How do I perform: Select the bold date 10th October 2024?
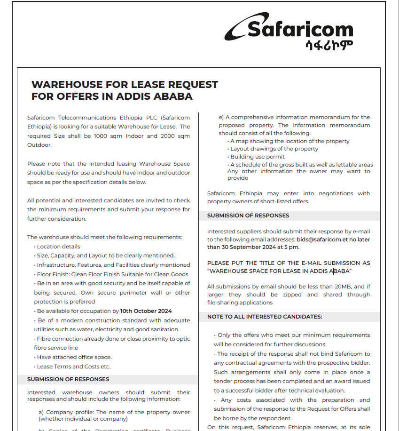coord(146,311)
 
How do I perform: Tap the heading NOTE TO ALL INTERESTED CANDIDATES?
coord(265,317)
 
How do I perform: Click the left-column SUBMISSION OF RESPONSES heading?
coord(68,379)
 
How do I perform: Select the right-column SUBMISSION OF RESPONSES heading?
coord(248,215)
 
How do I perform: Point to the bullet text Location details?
coord(58,247)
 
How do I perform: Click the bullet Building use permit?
coord(257,157)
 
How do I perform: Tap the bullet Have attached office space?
coord(74,357)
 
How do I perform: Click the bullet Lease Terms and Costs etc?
coord(74,367)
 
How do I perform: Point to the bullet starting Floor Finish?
coord(112,274)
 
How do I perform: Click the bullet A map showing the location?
coord(289,141)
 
